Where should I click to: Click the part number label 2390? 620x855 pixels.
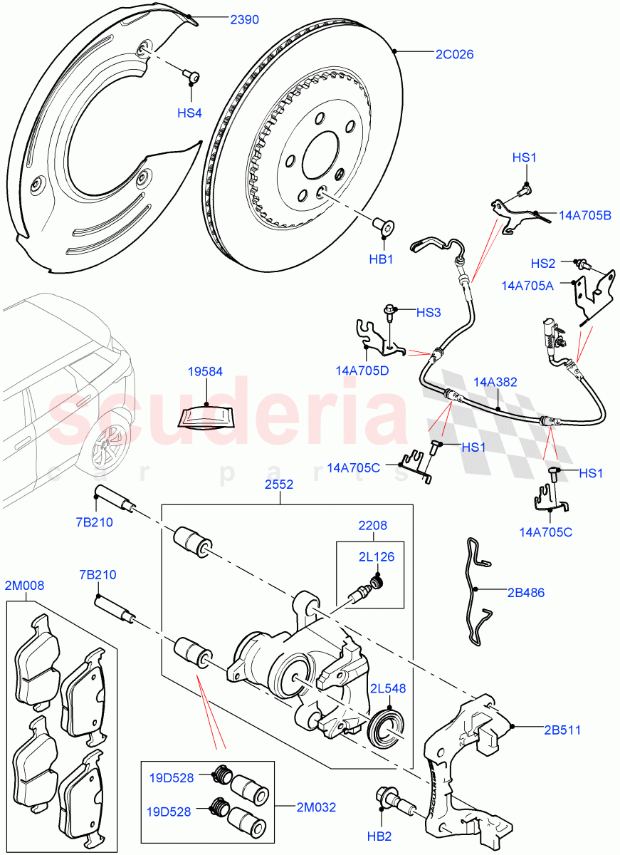tap(244, 21)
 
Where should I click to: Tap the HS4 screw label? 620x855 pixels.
tap(190, 113)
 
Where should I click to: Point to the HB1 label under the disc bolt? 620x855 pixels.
tap(381, 259)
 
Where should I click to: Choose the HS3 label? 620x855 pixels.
tap(429, 311)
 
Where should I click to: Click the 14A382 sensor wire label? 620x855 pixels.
tap(497, 382)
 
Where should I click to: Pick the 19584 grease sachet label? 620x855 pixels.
tap(205, 371)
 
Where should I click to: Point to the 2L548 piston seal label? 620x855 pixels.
tap(387, 688)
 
